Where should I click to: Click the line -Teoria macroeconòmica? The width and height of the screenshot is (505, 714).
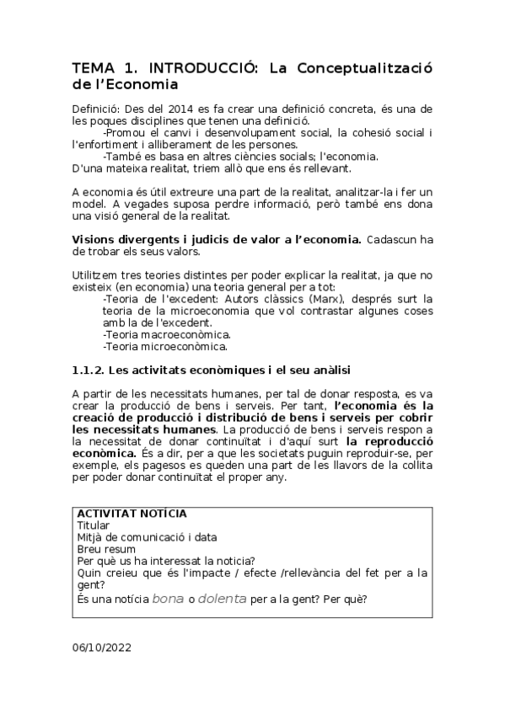(x=166, y=334)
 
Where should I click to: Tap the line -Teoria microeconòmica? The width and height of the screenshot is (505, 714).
(x=165, y=346)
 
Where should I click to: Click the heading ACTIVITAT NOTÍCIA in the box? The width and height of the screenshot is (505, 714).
(x=132, y=514)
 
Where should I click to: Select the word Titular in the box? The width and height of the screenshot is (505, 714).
(x=93, y=525)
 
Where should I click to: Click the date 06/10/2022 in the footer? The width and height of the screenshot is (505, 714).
(x=102, y=648)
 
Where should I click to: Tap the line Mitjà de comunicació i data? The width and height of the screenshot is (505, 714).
(x=147, y=537)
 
